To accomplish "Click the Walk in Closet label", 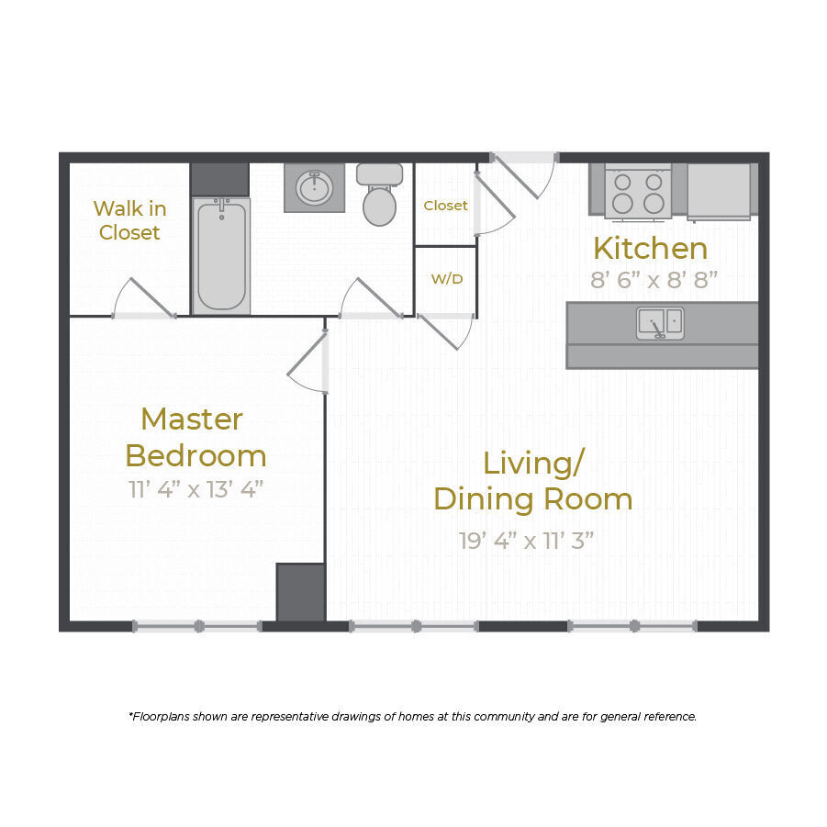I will click(x=129, y=220).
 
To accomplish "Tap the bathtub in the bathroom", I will click(x=221, y=256).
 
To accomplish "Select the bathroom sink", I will click(x=315, y=188).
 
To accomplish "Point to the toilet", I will click(x=379, y=195).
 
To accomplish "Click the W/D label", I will click(x=447, y=278).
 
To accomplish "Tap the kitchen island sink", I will click(x=660, y=322).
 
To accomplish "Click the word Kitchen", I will click(x=650, y=249).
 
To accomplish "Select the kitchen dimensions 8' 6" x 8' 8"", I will click(x=654, y=280).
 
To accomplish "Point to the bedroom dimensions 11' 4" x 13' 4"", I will click(x=196, y=488).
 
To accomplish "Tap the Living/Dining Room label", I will click(x=532, y=480).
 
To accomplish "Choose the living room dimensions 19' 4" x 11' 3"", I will click(x=527, y=540).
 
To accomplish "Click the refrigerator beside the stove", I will click(x=719, y=191).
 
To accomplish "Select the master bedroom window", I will click(x=197, y=626).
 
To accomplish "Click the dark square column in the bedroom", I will click(x=300, y=592).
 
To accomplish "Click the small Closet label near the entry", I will click(x=445, y=206).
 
